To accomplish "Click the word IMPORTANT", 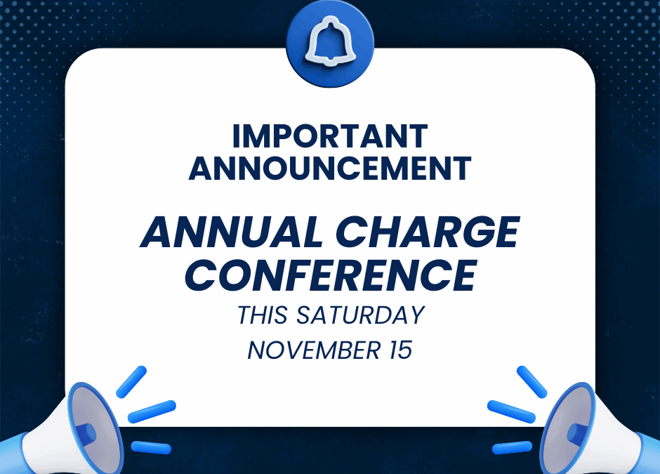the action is [x=330, y=136].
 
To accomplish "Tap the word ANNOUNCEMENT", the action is [x=330, y=169].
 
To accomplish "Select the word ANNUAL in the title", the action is [x=232, y=232].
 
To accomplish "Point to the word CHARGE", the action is [x=428, y=232].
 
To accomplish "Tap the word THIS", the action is [x=263, y=315].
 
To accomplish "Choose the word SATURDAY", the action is [x=360, y=315].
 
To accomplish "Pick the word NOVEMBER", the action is [x=314, y=350].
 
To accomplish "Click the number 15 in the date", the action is [x=400, y=350].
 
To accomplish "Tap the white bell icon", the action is [x=331, y=42].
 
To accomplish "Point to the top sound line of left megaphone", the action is [x=131, y=382].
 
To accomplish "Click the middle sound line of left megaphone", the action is [x=152, y=412].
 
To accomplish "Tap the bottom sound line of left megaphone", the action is [x=151, y=447].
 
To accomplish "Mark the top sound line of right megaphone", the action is [x=532, y=382].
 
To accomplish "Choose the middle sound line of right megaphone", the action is [x=511, y=412].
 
